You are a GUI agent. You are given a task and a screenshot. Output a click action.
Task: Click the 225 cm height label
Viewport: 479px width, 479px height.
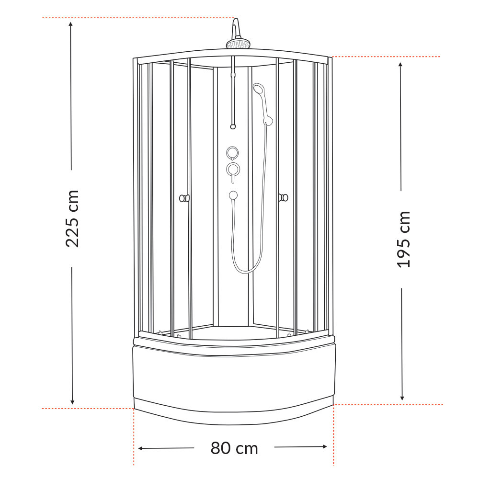72,218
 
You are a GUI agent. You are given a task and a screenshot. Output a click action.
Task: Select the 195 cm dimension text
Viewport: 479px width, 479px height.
404,239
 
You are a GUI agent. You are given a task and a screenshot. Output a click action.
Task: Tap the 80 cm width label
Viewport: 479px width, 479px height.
234,448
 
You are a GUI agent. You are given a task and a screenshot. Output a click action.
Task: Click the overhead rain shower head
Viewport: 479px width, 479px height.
238,45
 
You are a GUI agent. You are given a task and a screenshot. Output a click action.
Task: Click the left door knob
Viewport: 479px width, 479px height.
184,198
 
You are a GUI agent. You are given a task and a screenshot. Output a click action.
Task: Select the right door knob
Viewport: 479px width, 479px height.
283,197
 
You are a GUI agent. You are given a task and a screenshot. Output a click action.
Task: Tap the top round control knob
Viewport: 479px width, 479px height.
233,152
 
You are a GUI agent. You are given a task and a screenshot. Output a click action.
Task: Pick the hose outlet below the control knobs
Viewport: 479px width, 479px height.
233,195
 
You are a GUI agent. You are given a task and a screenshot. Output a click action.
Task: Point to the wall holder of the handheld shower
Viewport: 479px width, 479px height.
268,120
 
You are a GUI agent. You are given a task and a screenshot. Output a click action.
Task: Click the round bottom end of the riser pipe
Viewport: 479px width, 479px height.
233,126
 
